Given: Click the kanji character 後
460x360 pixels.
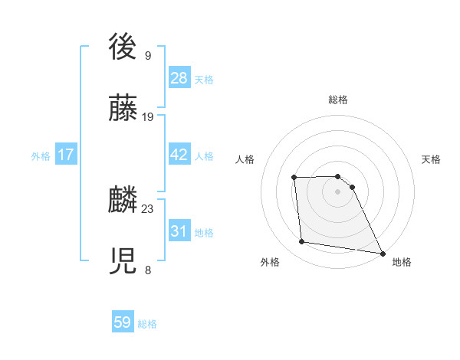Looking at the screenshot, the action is pyautogui.click(x=123, y=47).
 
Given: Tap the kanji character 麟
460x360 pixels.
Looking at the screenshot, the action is pyautogui.click(x=123, y=200).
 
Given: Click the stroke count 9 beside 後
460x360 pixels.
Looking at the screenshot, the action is pyautogui.click(x=148, y=55).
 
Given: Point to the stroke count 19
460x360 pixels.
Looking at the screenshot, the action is pyautogui.click(x=148, y=116).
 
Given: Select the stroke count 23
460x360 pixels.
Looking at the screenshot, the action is pyautogui.click(x=148, y=208).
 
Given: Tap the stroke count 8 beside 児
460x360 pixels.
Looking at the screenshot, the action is pyautogui.click(x=148, y=270).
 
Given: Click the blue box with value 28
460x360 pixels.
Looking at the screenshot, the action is pyautogui.click(x=179, y=78).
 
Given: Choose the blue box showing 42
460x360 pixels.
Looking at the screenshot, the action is pyautogui.click(x=179, y=155).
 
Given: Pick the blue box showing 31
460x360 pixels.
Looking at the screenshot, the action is pyautogui.click(x=179, y=231).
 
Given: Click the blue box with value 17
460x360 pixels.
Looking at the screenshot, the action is pyautogui.click(x=66, y=155).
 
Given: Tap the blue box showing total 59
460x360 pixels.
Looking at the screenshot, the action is pyautogui.click(x=123, y=322).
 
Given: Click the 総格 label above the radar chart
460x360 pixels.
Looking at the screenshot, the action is pyautogui.click(x=338, y=100).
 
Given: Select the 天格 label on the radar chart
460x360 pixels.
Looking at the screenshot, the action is pyautogui.click(x=431, y=159).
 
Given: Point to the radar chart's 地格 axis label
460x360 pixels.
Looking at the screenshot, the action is pyautogui.click(x=402, y=262).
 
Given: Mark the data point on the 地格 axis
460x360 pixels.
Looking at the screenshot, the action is pyautogui.click(x=382, y=253).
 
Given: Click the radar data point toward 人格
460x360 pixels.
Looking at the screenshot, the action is pyautogui.click(x=294, y=178).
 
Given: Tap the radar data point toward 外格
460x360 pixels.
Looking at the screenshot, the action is pyautogui.click(x=302, y=242).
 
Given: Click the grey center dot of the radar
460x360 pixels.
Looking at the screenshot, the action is pyautogui.click(x=338, y=191).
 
